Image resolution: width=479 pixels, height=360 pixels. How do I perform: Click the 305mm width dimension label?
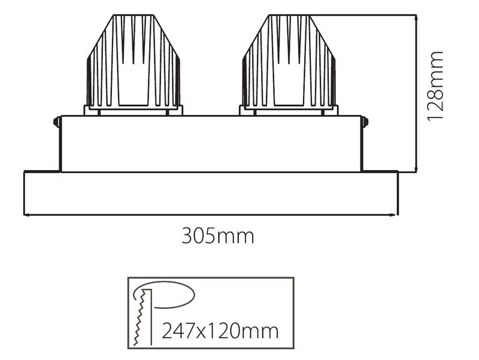click(x=218, y=236)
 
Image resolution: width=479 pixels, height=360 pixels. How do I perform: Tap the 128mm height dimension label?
click(x=435, y=86)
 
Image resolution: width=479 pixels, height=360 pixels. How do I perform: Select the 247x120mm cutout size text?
click(x=220, y=330)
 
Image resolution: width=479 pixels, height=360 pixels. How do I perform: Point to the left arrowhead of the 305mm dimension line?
click(x=26, y=214)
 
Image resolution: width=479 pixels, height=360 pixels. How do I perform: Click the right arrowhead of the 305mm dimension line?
click(x=395, y=214)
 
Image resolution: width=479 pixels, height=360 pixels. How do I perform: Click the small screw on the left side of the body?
click(x=56, y=122)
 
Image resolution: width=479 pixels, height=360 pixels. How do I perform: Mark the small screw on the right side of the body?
click(x=366, y=122)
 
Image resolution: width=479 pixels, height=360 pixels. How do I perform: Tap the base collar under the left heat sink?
click(x=134, y=111)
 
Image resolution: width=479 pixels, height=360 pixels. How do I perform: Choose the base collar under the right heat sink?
click(x=289, y=111)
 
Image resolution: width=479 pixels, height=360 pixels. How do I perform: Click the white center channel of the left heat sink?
click(x=134, y=84)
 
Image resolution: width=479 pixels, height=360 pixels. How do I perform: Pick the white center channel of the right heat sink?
click(x=289, y=84)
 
